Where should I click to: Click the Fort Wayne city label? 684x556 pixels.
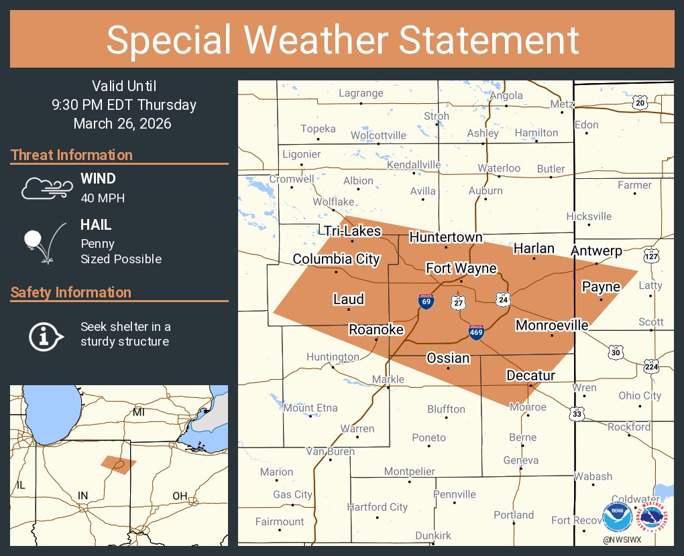(461, 269)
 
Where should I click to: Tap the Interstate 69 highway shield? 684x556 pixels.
(426, 301)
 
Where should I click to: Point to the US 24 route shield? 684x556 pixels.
(503, 299)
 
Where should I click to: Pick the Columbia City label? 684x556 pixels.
(336, 259)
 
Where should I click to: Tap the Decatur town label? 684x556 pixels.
(530, 375)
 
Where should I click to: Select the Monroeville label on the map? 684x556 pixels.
(551, 326)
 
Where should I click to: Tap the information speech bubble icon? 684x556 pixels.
(45, 335)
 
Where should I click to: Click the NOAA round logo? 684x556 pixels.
(617, 517)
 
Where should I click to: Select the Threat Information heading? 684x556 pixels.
(72, 155)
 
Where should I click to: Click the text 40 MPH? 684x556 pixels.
(103, 198)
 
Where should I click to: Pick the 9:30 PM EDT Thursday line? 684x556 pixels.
(123, 105)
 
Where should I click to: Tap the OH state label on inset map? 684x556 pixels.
(179, 496)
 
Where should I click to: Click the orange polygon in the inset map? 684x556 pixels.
(119, 464)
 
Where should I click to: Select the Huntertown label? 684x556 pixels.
(445, 238)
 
